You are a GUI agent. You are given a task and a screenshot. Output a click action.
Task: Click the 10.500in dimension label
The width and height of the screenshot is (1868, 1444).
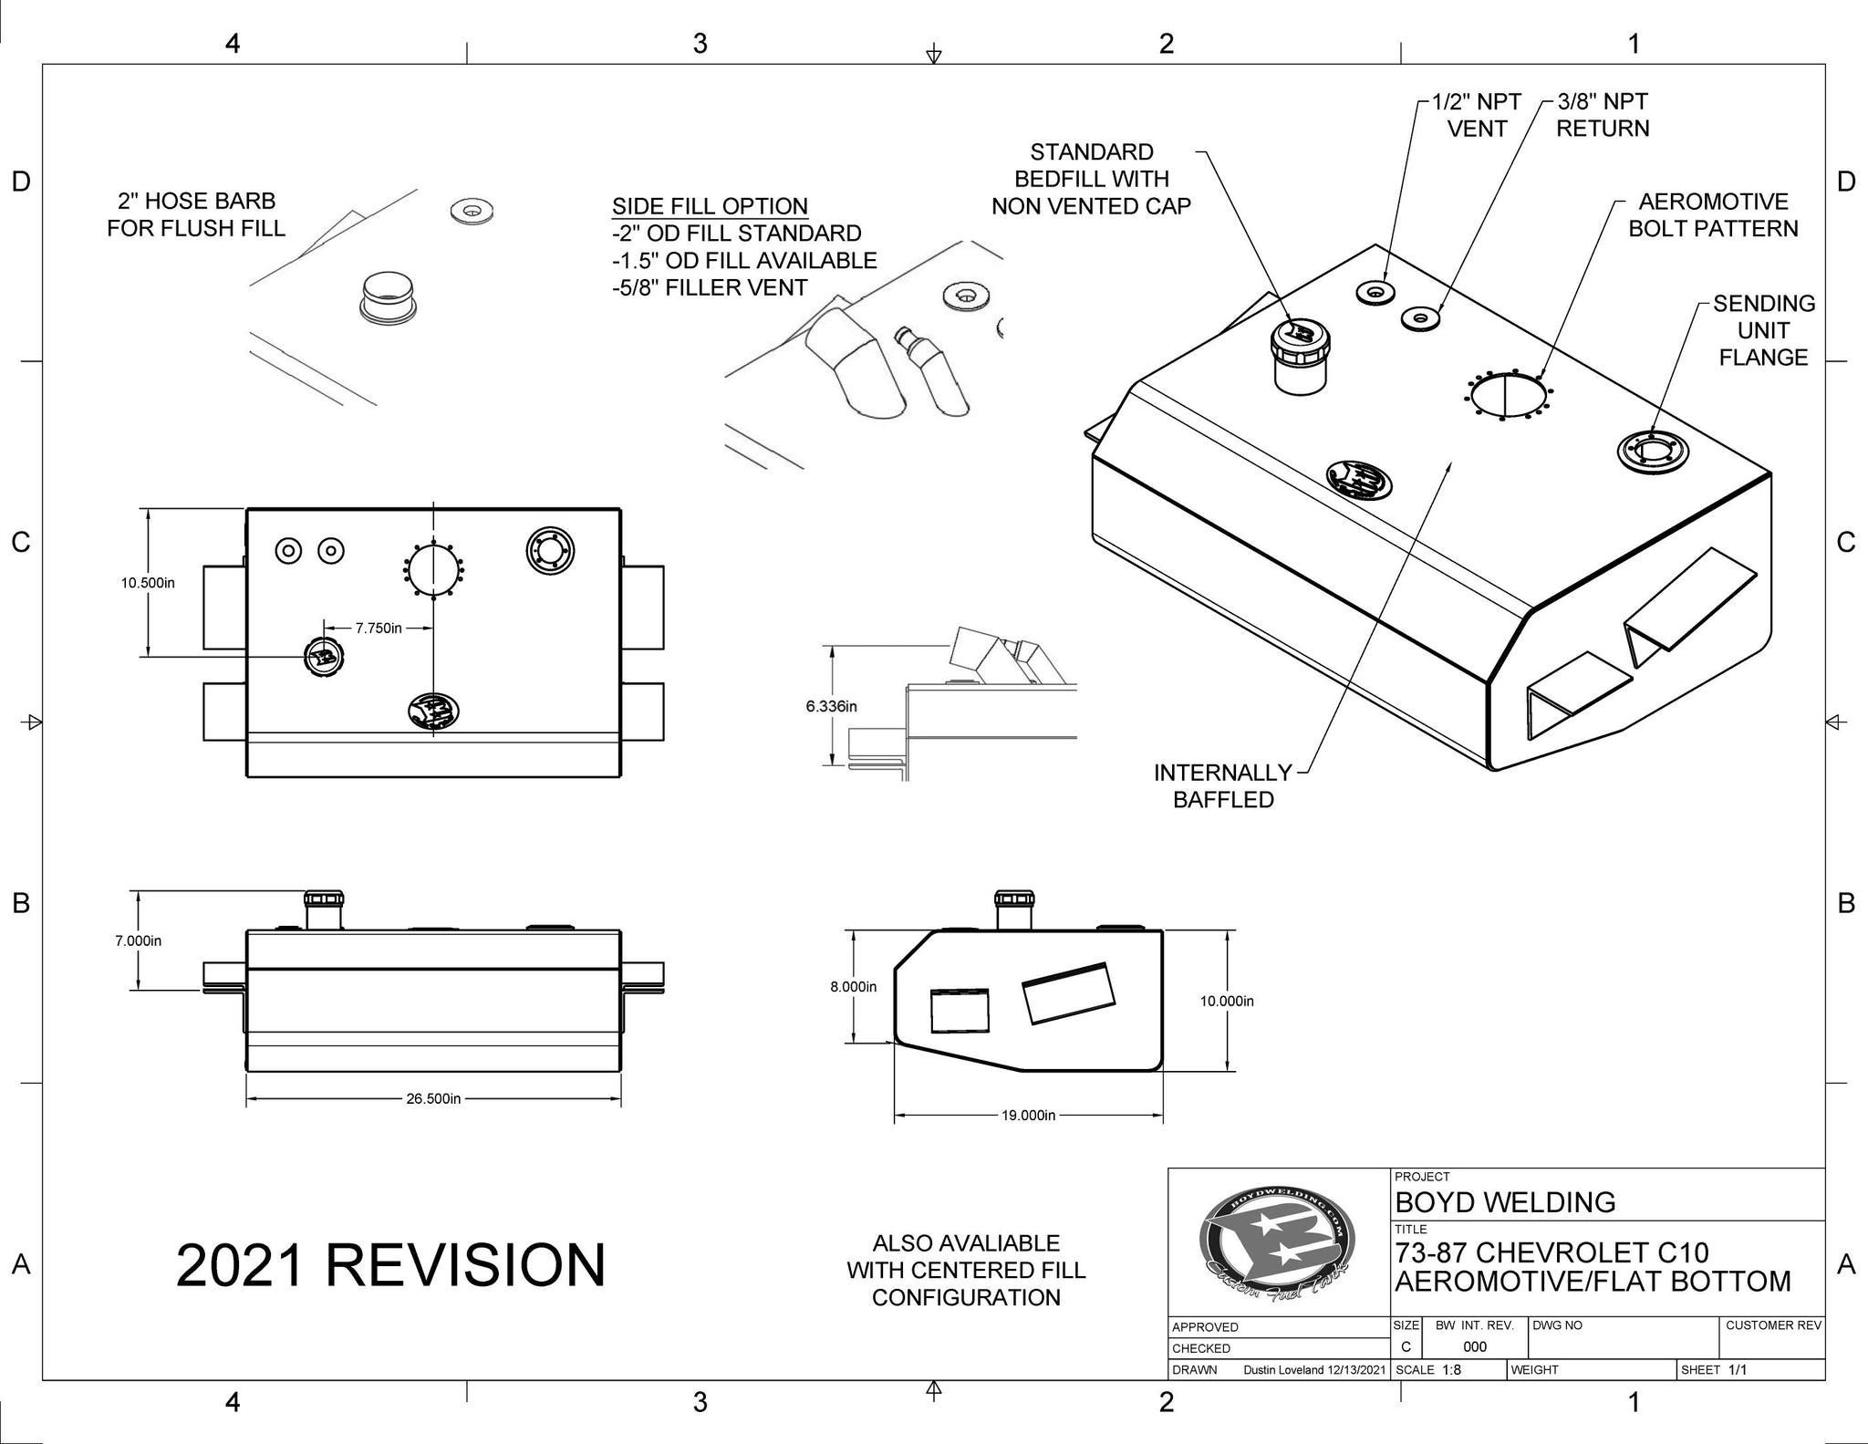[x=147, y=583]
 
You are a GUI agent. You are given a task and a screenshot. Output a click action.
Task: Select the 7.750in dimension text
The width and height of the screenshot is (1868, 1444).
[x=379, y=629]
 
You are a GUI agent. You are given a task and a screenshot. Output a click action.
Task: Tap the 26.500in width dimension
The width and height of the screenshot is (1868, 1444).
[x=433, y=1098]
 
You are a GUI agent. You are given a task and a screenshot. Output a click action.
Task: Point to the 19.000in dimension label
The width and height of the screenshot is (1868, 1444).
[x=1028, y=1115]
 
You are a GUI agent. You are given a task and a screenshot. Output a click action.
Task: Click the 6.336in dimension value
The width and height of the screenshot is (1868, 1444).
[x=831, y=706]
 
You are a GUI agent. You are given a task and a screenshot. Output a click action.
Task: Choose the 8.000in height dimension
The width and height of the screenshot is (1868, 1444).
[x=853, y=986]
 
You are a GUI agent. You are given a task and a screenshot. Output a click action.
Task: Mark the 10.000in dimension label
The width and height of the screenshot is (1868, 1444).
[x=1226, y=1001]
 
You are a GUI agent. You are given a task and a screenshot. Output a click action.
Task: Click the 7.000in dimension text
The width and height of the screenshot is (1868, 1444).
[x=138, y=940]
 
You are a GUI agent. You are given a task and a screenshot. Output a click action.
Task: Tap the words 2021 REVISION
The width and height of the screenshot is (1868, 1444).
[x=390, y=1265]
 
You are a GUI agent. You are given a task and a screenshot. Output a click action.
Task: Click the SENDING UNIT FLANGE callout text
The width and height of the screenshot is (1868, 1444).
[x=1763, y=330]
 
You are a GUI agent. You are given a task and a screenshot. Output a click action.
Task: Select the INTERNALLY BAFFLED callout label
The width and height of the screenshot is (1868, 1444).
[x=1222, y=785]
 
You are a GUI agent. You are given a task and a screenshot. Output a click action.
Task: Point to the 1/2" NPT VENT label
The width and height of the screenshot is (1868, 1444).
[x=1476, y=115]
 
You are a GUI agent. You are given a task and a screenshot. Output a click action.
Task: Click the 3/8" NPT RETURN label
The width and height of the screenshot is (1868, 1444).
[x=1603, y=115]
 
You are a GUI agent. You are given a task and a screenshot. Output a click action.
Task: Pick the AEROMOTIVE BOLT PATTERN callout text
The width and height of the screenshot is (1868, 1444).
[x=1713, y=215]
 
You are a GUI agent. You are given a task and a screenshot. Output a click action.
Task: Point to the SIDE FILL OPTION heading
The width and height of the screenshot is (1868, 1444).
[x=710, y=206]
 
